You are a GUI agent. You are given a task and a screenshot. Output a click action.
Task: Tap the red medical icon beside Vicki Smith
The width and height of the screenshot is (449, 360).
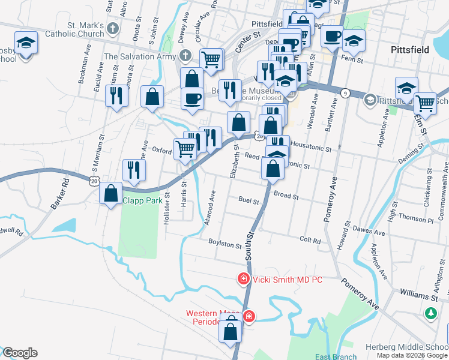pos(244,279)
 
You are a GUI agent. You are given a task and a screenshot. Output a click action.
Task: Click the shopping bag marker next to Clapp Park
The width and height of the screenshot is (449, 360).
pos(111,193)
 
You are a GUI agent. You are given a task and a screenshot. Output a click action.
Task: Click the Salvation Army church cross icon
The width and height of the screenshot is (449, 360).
pos(186,56)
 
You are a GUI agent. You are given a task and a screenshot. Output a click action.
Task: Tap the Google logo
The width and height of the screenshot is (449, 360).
pos(20,353)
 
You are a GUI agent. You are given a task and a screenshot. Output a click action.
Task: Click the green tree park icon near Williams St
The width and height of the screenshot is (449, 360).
pos(430,313)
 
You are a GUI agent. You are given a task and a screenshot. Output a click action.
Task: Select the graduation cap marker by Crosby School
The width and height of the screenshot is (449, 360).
pos(26,43)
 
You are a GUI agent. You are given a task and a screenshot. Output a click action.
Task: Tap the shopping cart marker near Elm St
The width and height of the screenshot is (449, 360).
pos(425,103)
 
